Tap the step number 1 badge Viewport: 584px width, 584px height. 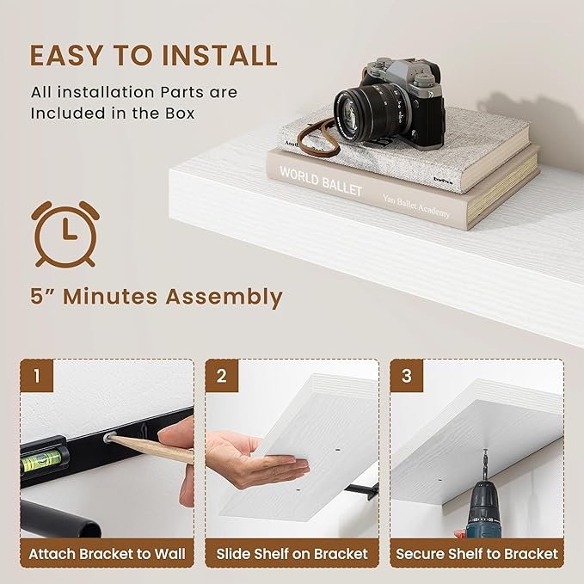click(x=37, y=376)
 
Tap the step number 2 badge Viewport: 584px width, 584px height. click(x=222, y=376)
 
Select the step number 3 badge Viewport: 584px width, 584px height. click(x=408, y=376)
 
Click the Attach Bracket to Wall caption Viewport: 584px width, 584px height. click(x=107, y=554)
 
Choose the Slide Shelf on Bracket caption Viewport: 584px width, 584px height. click(x=292, y=554)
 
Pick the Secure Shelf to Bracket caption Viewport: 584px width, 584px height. click(x=476, y=554)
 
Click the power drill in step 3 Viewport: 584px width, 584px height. click(x=488, y=512)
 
